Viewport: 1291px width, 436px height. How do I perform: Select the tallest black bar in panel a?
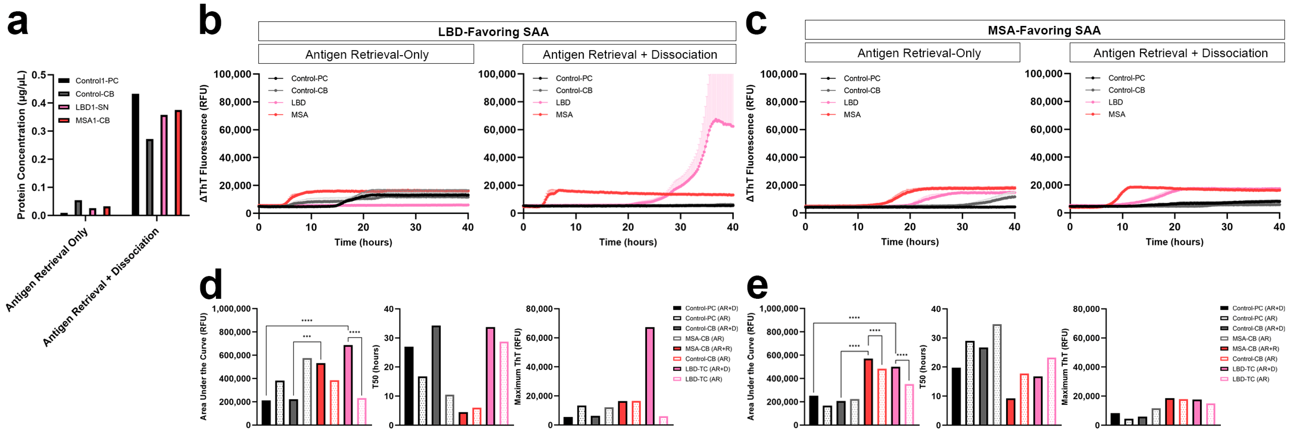135,154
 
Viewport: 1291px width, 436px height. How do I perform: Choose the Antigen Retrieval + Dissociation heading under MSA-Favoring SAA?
1180,53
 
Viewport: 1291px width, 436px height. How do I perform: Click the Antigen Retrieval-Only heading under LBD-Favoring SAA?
367,55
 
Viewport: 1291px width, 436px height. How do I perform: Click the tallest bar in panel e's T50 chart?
997,374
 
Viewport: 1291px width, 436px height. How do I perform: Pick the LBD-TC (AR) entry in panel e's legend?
1250,379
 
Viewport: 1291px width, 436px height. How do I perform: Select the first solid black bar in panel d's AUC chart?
266,413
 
